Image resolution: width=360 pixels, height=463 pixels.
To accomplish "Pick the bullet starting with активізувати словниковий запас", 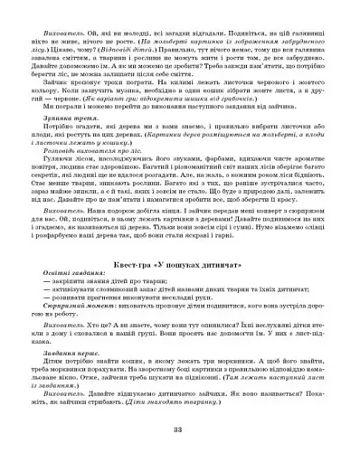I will (x=154, y=295).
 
